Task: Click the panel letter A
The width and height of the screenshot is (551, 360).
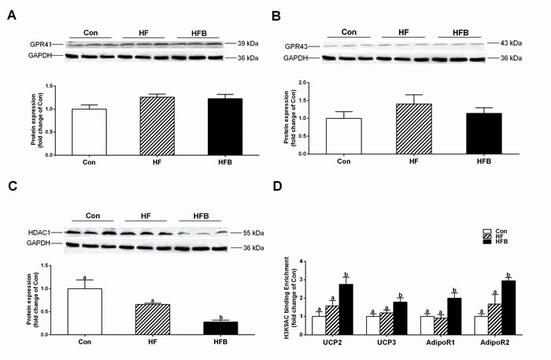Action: pyautogui.click(x=12, y=16)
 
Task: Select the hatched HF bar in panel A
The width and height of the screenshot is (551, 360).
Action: pyautogui.click(x=157, y=126)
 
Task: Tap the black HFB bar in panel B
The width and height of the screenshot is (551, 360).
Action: pyautogui.click(x=484, y=133)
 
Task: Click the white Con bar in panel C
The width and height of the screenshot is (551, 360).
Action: pyautogui.click(x=85, y=311)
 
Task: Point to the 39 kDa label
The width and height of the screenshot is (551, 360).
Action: pyautogui.click(x=248, y=43)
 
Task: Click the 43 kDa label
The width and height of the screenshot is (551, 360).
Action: pyautogui.click(x=511, y=43)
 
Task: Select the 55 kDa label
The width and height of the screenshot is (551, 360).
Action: pyautogui.click(x=253, y=233)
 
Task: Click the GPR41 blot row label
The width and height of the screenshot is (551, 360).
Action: pyautogui.click(x=41, y=44)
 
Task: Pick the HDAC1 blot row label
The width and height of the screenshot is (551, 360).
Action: pyautogui.click(x=39, y=232)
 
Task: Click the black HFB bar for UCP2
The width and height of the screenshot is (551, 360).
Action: pyautogui.click(x=346, y=310)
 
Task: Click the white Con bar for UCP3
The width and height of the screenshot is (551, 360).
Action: pyautogui.click(x=373, y=325)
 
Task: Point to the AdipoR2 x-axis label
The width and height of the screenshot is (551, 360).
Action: pyautogui.click(x=495, y=343)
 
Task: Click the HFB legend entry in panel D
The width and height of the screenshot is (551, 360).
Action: pyautogui.click(x=495, y=242)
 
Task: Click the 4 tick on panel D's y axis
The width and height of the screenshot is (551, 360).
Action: pyautogui.click(x=301, y=262)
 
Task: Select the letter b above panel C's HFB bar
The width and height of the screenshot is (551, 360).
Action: pyautogui.click(x=220, y=317)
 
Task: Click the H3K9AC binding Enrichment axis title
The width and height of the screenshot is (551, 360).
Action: pyautogui.click(x=290, y=298)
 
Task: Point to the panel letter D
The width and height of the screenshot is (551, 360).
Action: pyautogui.click(x=277, y=186)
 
